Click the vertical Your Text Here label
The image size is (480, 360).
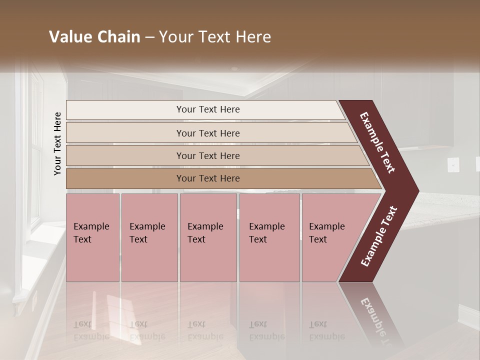[57, 144]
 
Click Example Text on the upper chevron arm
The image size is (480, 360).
[377, 142]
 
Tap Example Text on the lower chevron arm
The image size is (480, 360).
[379, 236]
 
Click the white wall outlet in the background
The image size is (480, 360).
[453, 164]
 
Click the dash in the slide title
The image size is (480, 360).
[149, 37]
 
